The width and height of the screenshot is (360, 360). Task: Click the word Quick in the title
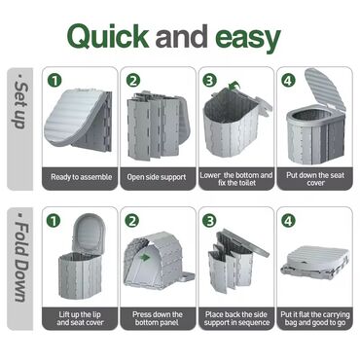point(108,36)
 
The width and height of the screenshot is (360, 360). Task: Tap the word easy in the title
point(248,38)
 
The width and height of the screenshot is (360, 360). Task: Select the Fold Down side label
point(21,258)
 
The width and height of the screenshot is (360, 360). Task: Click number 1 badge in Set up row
point(54,81)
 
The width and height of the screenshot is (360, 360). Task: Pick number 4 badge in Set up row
point(288,81)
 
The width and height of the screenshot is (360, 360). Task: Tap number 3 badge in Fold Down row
point(209,221)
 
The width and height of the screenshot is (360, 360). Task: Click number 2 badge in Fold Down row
point(132,221)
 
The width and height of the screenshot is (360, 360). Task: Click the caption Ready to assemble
point(82,177)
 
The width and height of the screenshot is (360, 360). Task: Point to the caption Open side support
point(157,177)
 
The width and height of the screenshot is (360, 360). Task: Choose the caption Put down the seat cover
point(315,179)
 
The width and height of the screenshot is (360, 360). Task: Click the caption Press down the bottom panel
point(158,318)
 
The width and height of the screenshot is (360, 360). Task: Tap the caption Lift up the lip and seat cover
point(80,318)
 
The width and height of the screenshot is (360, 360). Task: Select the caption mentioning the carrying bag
point(315,318)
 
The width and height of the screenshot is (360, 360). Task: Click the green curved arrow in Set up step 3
point(234,86)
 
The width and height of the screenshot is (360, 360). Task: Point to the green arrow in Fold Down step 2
point(147,258)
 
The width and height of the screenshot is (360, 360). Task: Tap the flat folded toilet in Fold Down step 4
point(314,263)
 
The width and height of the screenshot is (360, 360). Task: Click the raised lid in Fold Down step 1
point(90,233)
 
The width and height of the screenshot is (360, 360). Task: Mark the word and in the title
point(182,36)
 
